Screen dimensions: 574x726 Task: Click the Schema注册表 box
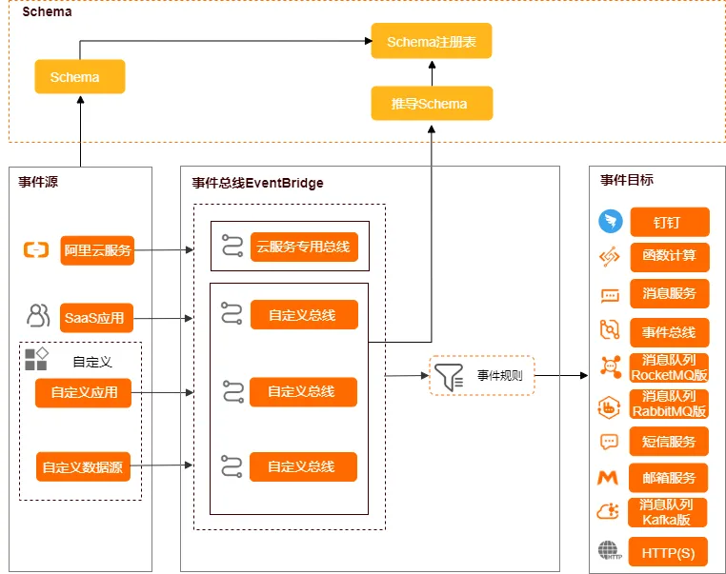click(432, 42)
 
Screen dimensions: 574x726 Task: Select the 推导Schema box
click(432, 103)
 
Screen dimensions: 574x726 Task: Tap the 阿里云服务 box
click(97, 251)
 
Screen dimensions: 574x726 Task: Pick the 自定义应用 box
click(83, 392)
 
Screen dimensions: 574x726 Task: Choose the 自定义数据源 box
click(83, 466)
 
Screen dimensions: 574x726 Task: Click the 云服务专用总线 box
click(304, 247)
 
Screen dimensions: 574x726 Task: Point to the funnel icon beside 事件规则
click(447, 375)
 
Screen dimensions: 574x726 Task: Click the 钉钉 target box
click(669, 222)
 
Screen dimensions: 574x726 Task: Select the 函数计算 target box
click(669, 257)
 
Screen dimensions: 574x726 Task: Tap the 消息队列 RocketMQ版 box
click(669, 367)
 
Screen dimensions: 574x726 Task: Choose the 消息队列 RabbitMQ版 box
click(669, 404)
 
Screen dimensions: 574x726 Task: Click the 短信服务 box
click(669, 442)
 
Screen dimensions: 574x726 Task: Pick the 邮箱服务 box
click(669, 478)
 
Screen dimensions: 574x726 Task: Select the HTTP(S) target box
click(669, 552)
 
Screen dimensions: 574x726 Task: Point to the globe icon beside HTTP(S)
click(608, 551)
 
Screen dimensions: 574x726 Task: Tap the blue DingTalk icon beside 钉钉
click(610, 222)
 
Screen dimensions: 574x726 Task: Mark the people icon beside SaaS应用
click(38, 314)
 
